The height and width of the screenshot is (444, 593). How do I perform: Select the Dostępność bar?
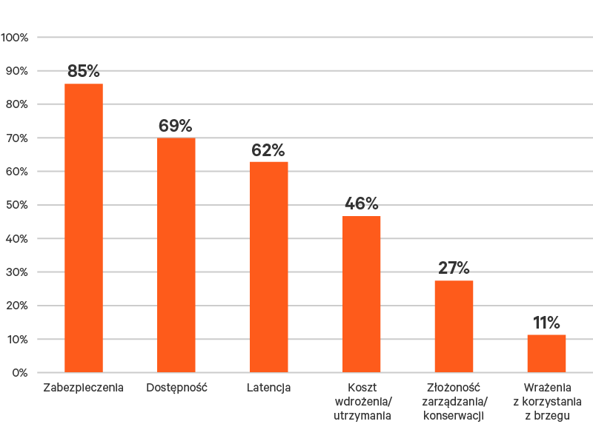(176, 255)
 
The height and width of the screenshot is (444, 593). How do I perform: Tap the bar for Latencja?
(269, 266)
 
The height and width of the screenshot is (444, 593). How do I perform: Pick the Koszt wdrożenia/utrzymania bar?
(362, 295)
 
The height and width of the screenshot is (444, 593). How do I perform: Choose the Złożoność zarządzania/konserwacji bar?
(454, 326)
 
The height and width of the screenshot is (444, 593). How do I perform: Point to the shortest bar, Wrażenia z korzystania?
(546, 354)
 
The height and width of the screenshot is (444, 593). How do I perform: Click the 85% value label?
(84, 71)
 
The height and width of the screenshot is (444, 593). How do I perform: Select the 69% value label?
(176, 126)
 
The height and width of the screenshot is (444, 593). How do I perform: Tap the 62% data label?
(268, 150)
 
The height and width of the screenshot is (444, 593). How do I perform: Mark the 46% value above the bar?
(362, 204)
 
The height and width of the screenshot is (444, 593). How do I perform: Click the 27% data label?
(454, 268)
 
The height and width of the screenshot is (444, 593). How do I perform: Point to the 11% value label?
(546, 323)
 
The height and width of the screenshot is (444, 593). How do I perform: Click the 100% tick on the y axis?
(14, 37)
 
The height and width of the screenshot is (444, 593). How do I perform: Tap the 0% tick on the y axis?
(19, 373)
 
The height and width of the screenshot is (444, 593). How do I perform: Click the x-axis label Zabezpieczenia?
(83, 387)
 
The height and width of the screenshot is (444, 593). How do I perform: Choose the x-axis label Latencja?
(268, 387)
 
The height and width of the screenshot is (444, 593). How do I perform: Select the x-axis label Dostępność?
(176, 387)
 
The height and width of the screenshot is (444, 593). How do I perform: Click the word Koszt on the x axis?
(362, 387)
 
